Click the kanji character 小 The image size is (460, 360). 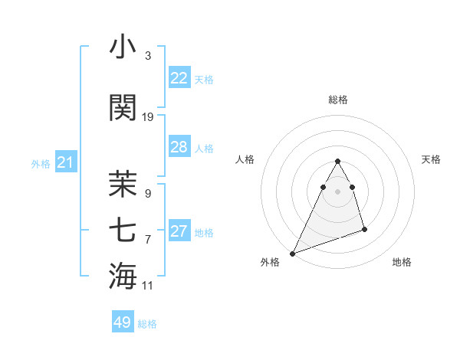(x=123, y=47)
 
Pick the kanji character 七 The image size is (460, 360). (x=123, y=229)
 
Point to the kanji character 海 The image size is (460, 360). (x=123, y=275)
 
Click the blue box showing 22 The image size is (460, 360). (x=179, y=78)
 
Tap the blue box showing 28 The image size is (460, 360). (x=179, y=147)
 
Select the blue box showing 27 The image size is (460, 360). (x=179, y=231)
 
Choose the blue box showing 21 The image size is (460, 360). (x=65, y=162)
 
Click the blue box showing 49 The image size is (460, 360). (x=122, y=322)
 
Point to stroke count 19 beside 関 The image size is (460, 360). (x=148, y=116)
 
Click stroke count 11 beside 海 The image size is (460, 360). (x=148, y=286)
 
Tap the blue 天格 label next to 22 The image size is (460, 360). (x=203, y=79)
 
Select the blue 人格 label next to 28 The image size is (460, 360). (x=203, y=148)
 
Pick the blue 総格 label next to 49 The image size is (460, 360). (x=147, y=324)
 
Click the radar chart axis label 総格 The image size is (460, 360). (x=337, y=100)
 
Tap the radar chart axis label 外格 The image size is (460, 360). (x=270, y=262)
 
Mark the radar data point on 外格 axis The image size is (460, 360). (x=293, y=253)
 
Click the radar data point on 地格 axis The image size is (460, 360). (x=364, y=229)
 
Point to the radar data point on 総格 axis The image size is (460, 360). (x=337, y=162)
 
